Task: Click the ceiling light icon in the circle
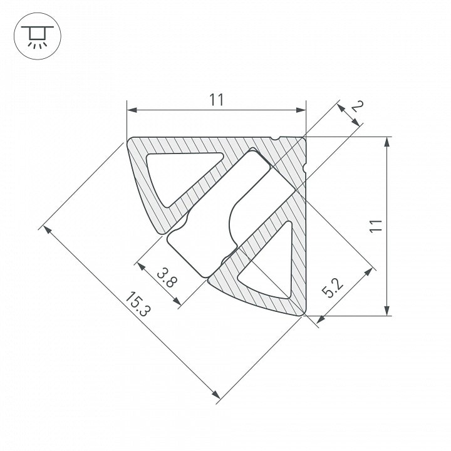(x=38, y=36)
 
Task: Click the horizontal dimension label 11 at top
(x=216, y=100)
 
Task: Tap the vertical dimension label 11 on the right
(x=376, y=225)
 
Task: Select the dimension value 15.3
(x=138, y=304)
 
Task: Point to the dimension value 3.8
(x=167, y=277)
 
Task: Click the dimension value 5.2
(x=332, y=288)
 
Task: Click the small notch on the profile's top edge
(x=275, y=138)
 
